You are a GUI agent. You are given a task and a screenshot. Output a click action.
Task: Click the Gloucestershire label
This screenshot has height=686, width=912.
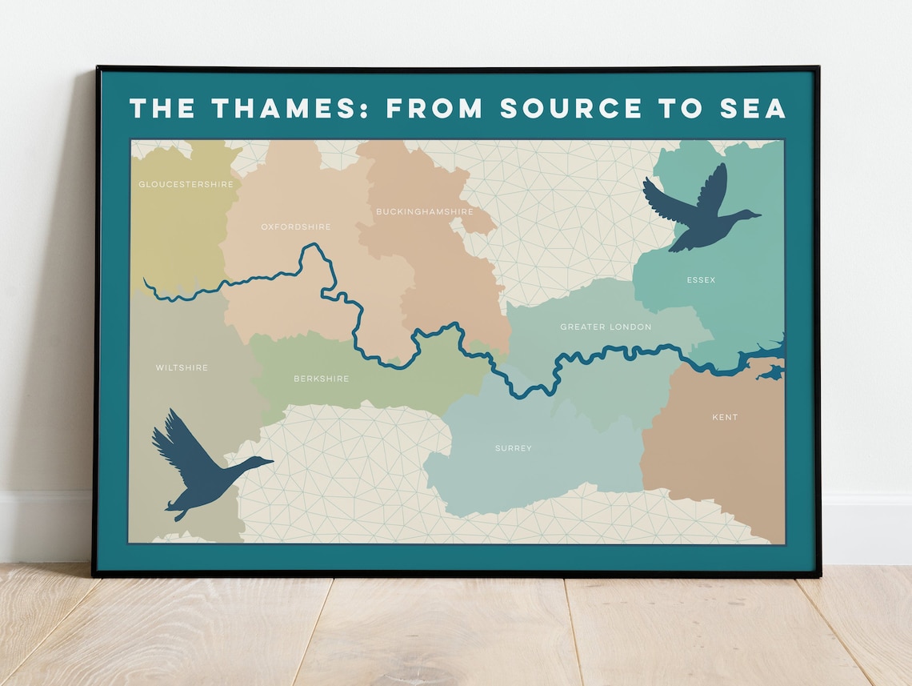point(186,184)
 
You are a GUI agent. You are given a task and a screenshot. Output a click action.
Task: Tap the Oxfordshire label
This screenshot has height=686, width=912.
point(295,227)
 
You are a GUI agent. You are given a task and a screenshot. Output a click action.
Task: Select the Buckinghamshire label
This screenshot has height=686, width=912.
point(424,211)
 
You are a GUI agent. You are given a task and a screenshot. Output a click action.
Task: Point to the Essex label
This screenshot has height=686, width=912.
point(701,280)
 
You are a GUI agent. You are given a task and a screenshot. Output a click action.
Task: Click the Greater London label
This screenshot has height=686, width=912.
point(606,327)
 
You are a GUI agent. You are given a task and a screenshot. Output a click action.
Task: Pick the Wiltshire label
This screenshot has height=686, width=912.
point(182,368)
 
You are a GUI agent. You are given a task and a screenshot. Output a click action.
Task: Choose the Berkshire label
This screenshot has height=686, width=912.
point(321,379)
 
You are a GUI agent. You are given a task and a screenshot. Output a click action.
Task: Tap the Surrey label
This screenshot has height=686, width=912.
point(513,448)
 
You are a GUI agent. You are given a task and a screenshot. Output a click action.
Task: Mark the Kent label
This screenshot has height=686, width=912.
point(725,417)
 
